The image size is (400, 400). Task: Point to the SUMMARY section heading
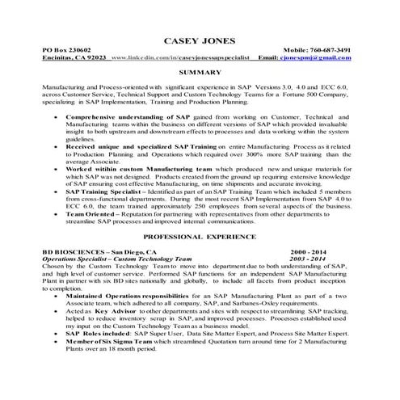[x=200, y=73]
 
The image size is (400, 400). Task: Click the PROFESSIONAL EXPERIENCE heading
[x=200, y=238]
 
